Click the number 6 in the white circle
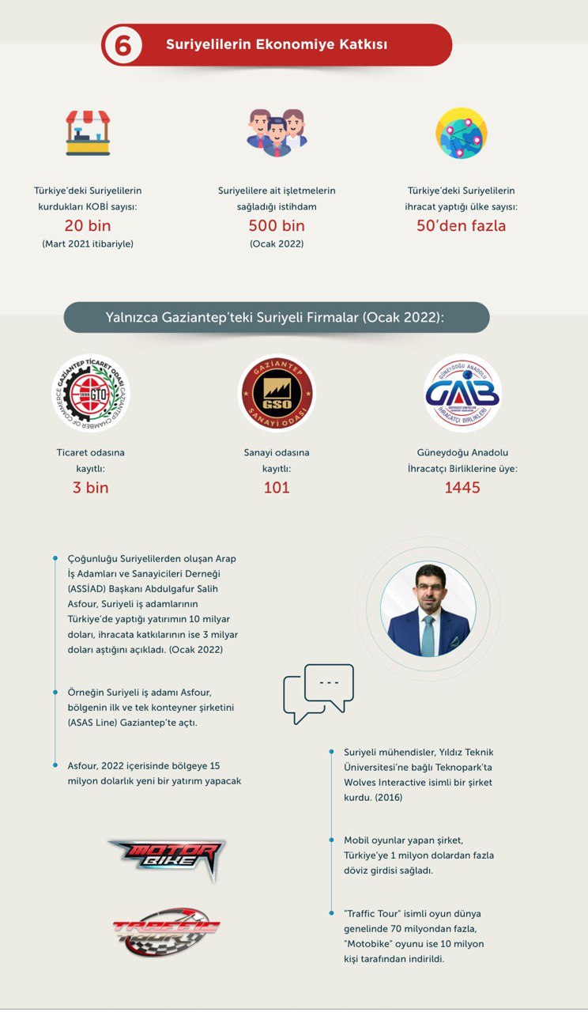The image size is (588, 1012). (x=122, y=45)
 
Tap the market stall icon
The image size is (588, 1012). (x=88, y=132)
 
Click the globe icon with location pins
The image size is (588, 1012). (x=462, y=133)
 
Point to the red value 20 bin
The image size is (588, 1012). (x=88, y=226)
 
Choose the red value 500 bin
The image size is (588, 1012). (x=277, y=226)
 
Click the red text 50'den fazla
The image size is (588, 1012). (x=462, y=226)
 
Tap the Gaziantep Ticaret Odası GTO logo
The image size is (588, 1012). (x=91, y=393)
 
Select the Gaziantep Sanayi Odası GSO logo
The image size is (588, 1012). (x=277, y=393)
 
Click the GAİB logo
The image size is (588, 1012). (x=462, y=393)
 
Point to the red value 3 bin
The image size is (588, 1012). (x=91, y=488)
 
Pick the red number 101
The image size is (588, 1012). (x=277, y=488)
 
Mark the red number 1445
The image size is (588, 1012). (x=462, y=488)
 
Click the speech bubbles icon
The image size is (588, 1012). (x=318, y=693)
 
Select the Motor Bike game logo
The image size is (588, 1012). (x=167, y=855)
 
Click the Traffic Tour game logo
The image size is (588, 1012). (x=166, y=930)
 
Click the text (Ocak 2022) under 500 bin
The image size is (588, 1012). (x=277, y=244)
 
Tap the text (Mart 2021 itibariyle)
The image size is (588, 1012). (x=88, y=244)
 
